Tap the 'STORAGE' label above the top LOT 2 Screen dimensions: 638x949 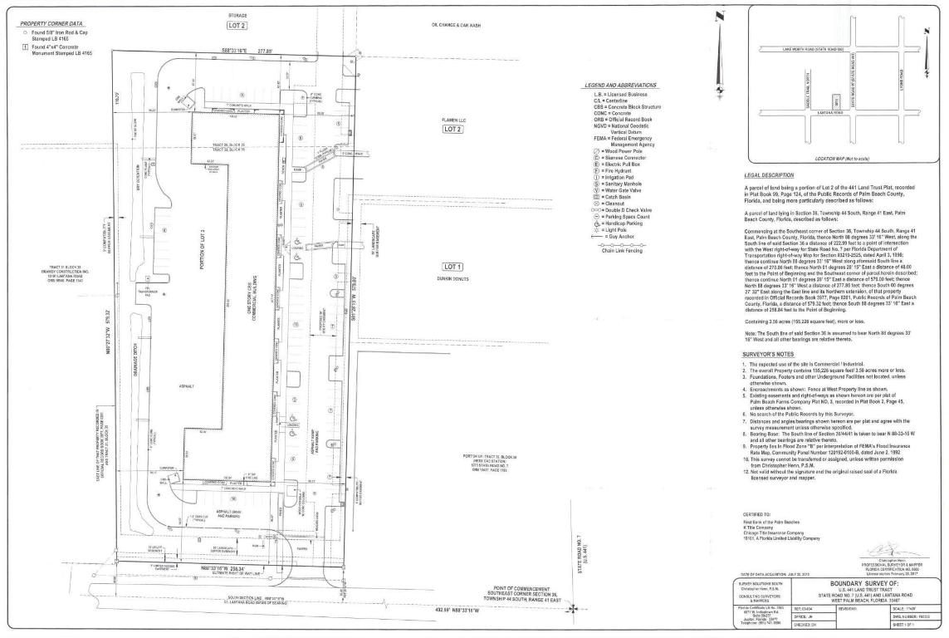pyautogui.click(x=237, y=16)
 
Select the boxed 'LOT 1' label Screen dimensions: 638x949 pyautogui.click(x=452, y=266)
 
